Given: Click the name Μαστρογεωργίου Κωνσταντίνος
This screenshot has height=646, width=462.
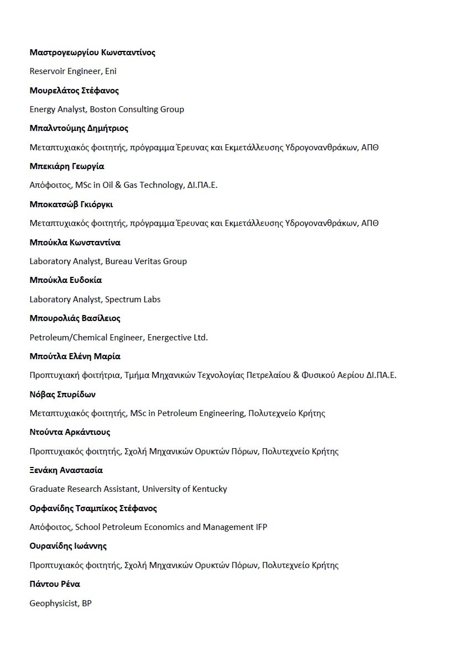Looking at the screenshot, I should pos(92,52).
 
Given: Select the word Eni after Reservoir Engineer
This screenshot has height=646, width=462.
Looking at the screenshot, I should pos(111,71).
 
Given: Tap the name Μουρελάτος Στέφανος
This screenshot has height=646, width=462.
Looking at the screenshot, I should pos(74,91).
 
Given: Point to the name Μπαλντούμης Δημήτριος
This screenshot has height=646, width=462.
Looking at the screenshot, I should pos(79,128).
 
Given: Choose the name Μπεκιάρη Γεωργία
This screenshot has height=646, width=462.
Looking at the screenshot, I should pos(67,166).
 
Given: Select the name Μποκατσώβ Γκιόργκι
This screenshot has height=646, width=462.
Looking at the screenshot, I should pos(71,204).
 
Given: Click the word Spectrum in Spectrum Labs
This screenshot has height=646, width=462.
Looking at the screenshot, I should pos(123,300).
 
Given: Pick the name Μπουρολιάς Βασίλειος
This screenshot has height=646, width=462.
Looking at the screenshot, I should pos(75,318).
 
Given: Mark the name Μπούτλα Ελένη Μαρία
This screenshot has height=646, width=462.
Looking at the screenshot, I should pos(75,356).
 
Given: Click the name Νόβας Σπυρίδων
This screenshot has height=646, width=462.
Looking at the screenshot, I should pos(63,395).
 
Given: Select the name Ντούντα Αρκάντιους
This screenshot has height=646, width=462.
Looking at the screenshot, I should pos(70,432).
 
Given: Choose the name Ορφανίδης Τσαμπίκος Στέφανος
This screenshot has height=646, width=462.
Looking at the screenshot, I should pos(93,508).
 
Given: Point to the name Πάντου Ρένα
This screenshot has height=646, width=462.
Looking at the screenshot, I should pos(55,584).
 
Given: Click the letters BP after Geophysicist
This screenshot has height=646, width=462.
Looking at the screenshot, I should pos(87,603).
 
